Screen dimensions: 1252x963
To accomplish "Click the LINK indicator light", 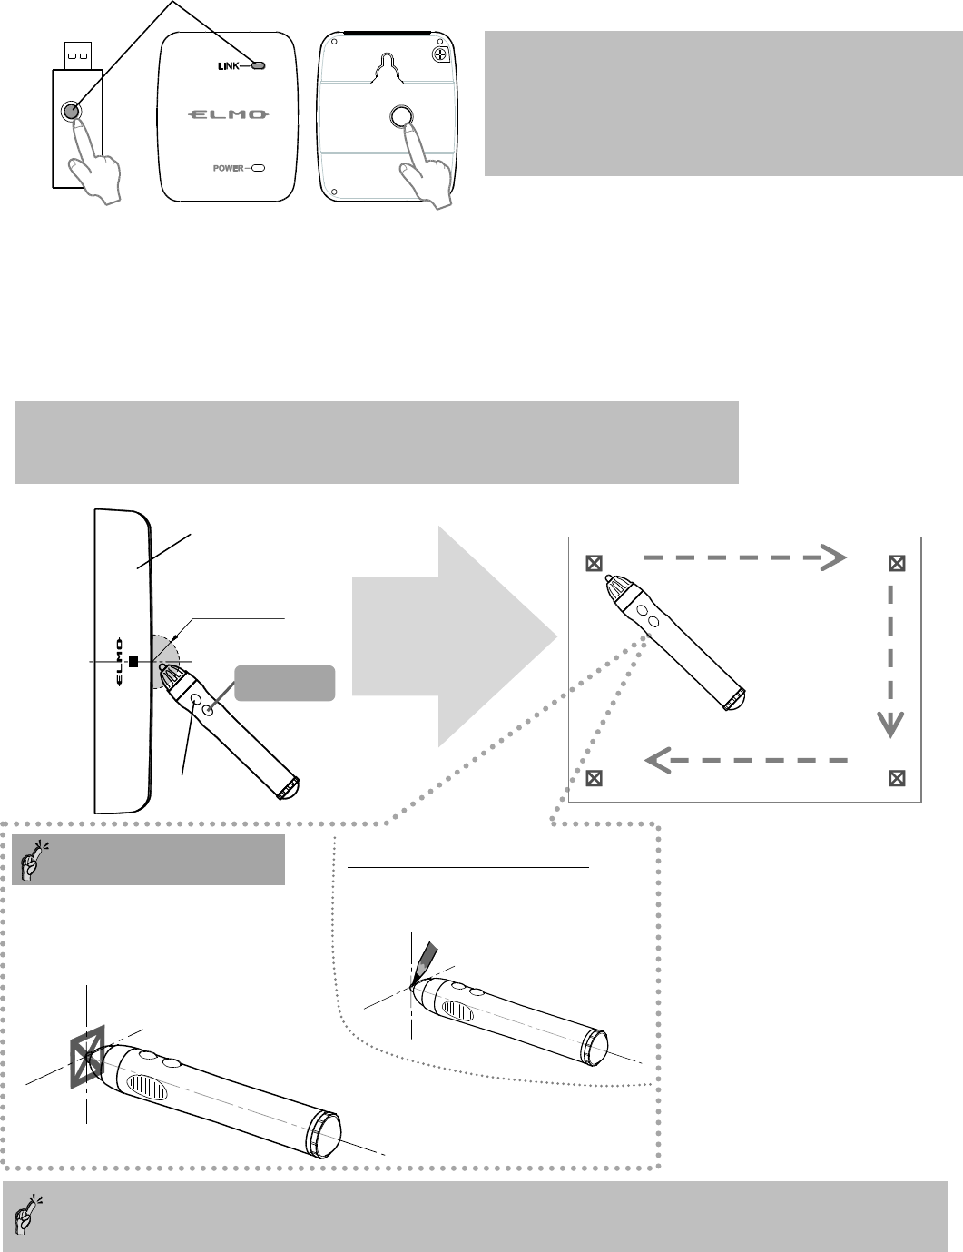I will [x=259, y=66].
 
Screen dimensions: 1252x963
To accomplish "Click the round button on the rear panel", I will [x=401, y=115].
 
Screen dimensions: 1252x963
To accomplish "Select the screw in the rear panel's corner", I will [x=442, y=54].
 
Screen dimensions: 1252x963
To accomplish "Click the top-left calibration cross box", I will [x=593, y=563].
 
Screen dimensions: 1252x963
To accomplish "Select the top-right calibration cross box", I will [x=896, y=563].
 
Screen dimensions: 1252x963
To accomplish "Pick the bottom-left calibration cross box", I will [x=593, y=777].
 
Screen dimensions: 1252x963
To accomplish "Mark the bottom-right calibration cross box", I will [x=896, y=777].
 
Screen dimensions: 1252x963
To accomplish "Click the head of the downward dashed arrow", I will [x=889, y=724].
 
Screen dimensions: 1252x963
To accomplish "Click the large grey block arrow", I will [x=454, y=636].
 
